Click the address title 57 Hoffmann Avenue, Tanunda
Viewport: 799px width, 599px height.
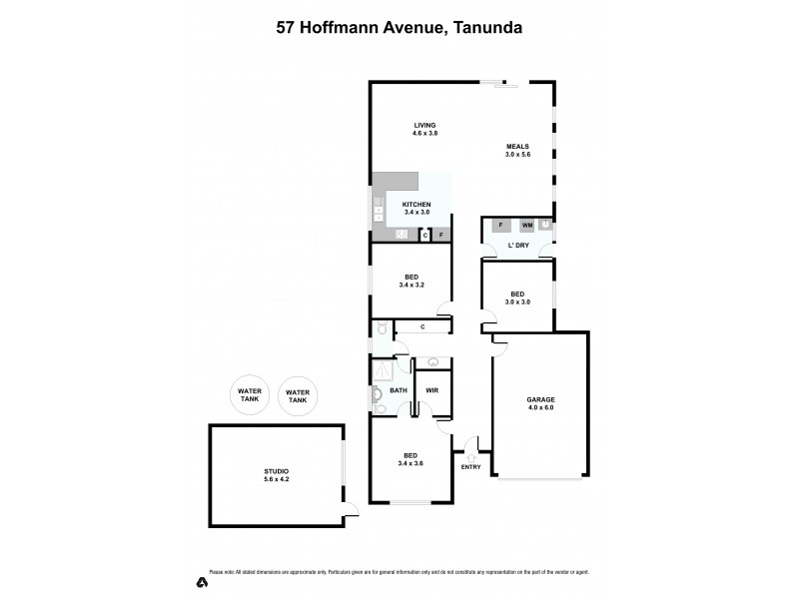(x=399, y=29)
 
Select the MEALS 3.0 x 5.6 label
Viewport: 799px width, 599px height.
(x=517, y=151)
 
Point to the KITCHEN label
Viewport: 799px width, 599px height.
(x=416, y=208)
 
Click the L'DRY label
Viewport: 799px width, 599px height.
(x=518, y=245)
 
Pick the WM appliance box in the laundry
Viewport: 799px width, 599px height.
(x=526, y=226)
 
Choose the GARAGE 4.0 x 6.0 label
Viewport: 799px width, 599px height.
(x=540, y=403)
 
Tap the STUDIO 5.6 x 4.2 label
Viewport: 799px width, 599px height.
(x=277, y=475)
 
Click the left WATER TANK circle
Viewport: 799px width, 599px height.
(x=248, y=395)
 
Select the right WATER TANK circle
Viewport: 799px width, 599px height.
(x=298, y=396)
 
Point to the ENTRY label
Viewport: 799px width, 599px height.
(x=470, y=467)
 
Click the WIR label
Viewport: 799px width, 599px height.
(x=432, y=390)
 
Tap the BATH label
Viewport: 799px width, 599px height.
(x=399, y=390)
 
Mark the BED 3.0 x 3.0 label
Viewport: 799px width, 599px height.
(x=517, y=298)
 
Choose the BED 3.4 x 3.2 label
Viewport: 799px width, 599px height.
(x=410, y=281)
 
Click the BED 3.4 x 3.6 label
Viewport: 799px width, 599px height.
(x=410, y=459)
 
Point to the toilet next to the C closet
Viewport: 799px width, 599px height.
(x=380, y=328)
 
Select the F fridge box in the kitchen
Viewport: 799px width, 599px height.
(x=440, y=235)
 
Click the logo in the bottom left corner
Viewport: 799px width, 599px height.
(x=202, y=582)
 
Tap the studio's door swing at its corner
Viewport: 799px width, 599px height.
(x=351, y=511)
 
